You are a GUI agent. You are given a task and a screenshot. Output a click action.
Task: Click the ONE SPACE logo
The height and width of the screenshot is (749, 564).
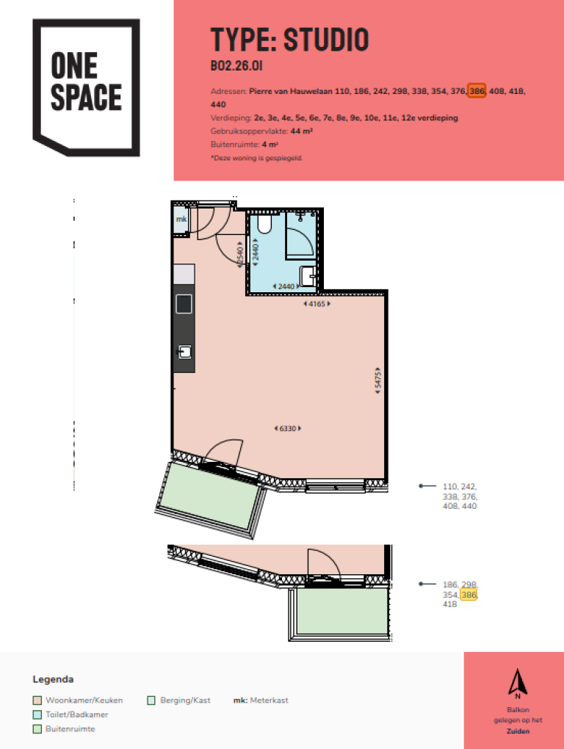coord(85,87)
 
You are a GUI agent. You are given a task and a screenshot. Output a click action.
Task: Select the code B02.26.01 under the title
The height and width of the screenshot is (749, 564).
coord(236,68)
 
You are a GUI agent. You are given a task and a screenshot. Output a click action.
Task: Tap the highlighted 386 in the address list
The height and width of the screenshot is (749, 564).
coord(477,91)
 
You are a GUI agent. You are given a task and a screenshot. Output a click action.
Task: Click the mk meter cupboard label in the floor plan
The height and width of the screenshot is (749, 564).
coord(181,219)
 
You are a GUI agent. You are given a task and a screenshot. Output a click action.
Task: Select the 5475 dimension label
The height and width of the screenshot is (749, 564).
coord(377,381)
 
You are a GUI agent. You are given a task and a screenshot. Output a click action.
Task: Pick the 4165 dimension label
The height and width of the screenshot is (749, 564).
coord(317,303)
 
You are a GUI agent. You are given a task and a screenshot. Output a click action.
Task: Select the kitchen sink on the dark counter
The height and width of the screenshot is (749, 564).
coord(184,352)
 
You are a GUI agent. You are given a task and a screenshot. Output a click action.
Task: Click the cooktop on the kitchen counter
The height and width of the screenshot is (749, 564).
coord(184,303)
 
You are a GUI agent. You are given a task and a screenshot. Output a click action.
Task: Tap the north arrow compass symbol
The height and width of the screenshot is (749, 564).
coord(517,682)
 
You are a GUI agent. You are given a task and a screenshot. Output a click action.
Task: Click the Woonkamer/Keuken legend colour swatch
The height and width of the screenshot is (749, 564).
coord(37,701)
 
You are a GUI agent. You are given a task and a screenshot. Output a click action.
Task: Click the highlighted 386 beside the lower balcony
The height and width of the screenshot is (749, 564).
coord(469,594)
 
